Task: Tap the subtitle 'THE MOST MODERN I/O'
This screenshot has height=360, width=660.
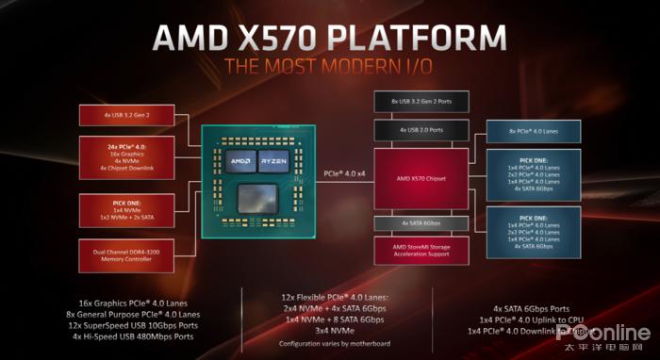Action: coord(331,68)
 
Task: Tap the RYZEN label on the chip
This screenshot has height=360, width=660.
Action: coord(274,159)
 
